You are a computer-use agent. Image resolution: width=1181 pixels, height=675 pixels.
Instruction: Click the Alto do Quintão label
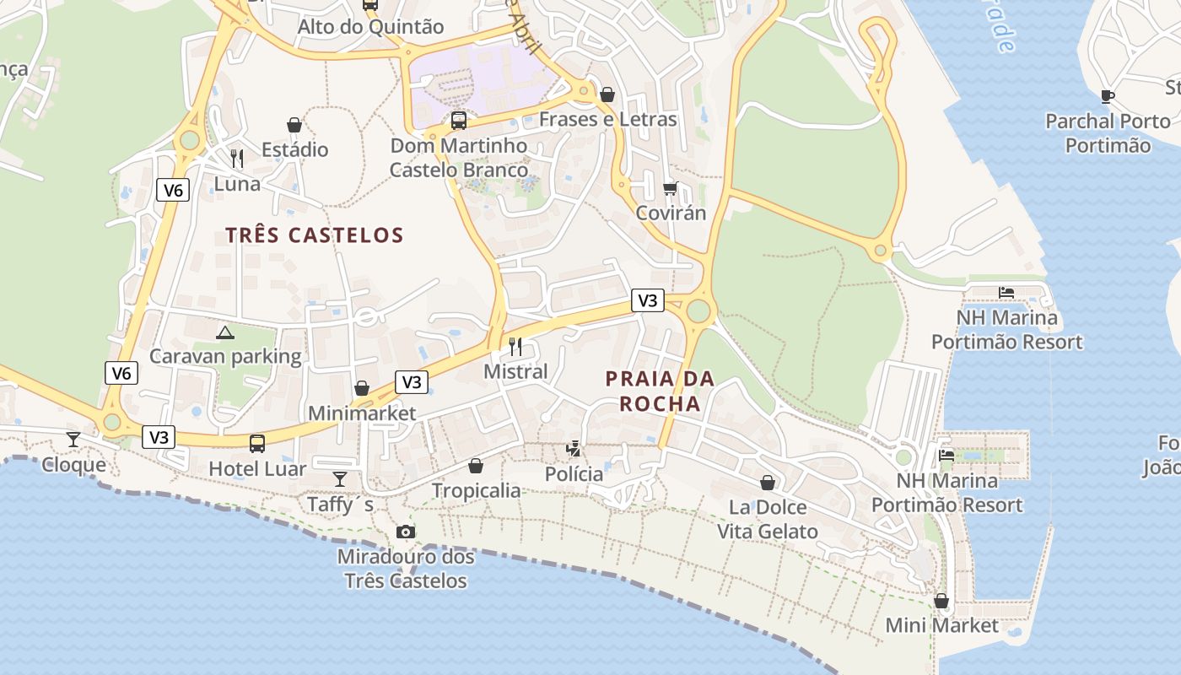pyautogui.click(x=370, y=27)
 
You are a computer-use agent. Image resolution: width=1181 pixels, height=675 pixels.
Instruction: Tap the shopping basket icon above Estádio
pyautogui.click(x=294, y=125)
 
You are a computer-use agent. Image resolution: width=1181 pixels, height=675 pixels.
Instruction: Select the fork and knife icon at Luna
pyautogui.click(x=237, y=158)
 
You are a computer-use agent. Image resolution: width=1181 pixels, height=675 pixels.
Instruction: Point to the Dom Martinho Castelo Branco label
pyautogui.click(x=459, y=158)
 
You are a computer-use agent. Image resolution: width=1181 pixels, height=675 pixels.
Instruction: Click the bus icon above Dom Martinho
pyautogui.click(x=459, y=120)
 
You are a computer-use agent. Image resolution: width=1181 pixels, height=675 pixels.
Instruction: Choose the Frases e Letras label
pyautogui.click(x=607, y=119)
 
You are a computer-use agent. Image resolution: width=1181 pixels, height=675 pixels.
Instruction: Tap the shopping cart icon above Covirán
pyautogui.click(x=671, y=188)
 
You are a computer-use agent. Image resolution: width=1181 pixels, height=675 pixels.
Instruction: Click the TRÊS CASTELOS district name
pyautogui.click(x=315, y=235)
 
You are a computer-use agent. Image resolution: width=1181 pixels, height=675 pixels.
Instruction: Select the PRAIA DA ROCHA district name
pyautogui.click(x=660, y=391)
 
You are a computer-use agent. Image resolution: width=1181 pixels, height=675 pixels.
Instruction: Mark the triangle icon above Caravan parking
pyautogui.click(x=224, y=332)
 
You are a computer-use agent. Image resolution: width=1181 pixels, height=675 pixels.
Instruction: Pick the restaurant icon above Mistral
pyautogui.click(x=515, y=346)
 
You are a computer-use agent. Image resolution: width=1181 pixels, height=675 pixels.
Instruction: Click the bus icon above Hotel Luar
pyautogui.click(x=257, y=443)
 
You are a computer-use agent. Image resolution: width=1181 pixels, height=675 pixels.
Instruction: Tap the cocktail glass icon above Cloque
pyautogui.click(x=73, y=439)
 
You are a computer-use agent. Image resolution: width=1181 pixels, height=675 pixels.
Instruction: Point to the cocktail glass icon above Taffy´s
pyautogui.click(x=340, y=478)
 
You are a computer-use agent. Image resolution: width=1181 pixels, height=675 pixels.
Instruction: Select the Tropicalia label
pyautogui.click(x=477, y=491)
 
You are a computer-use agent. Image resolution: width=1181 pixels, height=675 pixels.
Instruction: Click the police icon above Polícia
pyautogui.click(x=574, y=449)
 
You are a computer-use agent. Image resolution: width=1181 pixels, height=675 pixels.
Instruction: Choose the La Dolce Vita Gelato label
pyautogui.click(x=768, y=519)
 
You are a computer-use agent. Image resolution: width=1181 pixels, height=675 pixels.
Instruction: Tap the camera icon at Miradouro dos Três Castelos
pyautogui.click(x=406, y=532)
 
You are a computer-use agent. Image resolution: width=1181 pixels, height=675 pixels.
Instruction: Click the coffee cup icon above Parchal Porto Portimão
pyautogui.click(x=1108, y=96)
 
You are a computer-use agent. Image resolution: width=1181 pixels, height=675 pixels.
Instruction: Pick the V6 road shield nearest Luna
pyautogui.click(x=173, y=190)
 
